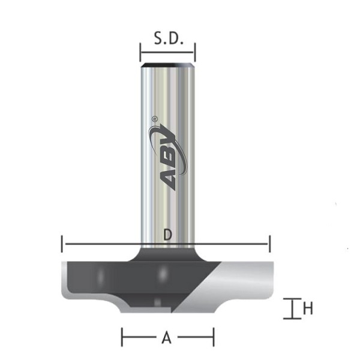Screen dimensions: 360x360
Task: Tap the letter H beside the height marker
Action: pyautogui.click(x=308, y=309)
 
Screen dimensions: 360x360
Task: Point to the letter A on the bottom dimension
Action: pyautogui.click(x=167, y=339)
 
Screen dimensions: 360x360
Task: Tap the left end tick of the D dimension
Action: pyautogui.click(x=63, y=244)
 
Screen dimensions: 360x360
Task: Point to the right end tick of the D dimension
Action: pyautogui.click(x=270, y=244)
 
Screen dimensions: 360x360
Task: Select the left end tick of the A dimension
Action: pyautogui.click(x=122, y=337)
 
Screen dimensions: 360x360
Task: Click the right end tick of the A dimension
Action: pyautogui.click(x=213, y=337)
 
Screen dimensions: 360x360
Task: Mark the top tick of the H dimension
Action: pyautogui.click(x=292, y=299)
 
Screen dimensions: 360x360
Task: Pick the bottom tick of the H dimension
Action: pyautogui.click(x=292, y=318)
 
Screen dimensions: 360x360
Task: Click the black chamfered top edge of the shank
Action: pyautogui.click(x=167, y=62)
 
